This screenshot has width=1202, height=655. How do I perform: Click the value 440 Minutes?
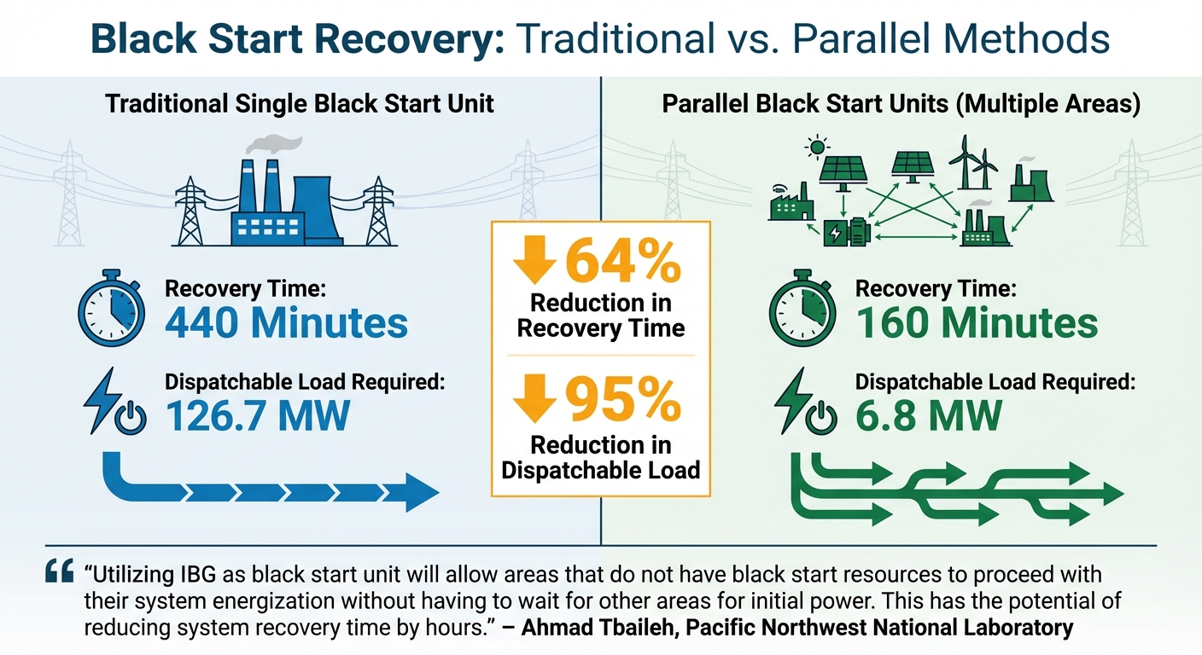pyautogui.click(x=286, y=323)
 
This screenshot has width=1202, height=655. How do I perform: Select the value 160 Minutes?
pyautogui.click(x=976, y=323)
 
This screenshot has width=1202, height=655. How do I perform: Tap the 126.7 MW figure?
pyautogui.click(x=257, y=415)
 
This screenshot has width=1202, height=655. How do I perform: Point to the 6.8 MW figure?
pyautogui.click(x=928, y=415)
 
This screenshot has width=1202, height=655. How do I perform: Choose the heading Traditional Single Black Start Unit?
pyautogui.click(x=300, y=105)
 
